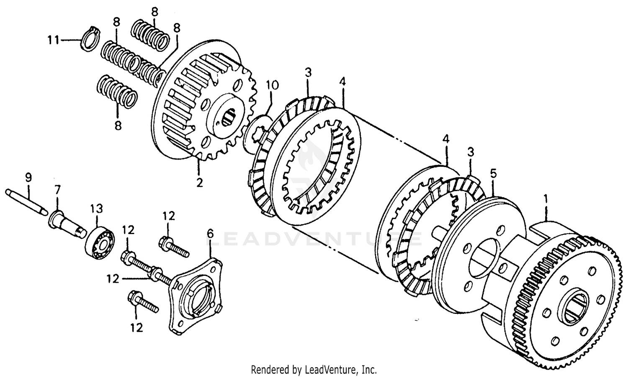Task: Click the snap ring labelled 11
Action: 90,41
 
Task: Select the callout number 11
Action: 54,41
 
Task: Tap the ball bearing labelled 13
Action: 100,240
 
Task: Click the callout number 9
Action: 28,177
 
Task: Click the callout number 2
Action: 199,183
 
